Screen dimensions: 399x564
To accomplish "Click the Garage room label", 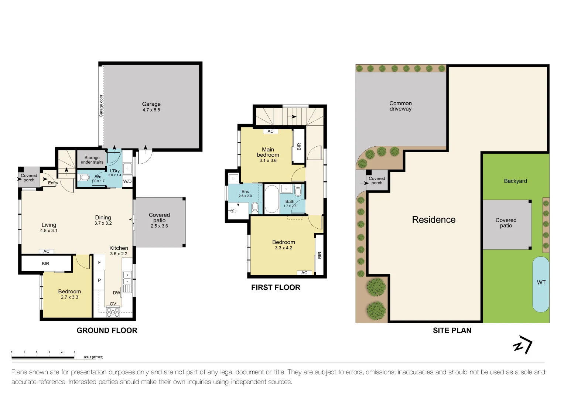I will (x=151, y=104).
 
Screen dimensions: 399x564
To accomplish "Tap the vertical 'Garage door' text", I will (x=101, y=106).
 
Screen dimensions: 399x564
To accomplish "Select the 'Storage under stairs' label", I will (x=92, y=160).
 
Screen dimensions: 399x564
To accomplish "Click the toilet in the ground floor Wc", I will (x=85, y=178).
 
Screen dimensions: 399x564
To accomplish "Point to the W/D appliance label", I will (x=127, y=181).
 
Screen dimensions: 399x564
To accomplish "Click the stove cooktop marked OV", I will (x=113, y=312).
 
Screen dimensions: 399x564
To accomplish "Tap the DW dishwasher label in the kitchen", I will (x=116, y=293).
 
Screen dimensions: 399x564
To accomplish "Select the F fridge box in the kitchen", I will (x=99, y=262).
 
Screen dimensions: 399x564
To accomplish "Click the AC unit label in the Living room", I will (x=47, y=252).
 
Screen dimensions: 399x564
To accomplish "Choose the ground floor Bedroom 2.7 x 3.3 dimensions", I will (x=69, y=297).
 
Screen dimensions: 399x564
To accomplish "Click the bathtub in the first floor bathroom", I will (x=271, y=199).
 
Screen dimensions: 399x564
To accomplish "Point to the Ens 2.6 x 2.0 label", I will (x=245, y=194).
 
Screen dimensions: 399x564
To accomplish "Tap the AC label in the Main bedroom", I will (x=270, y=132).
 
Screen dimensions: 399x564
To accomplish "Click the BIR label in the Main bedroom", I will (x=299, y=146).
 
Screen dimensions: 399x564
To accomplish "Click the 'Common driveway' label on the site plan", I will (x=400, y=106).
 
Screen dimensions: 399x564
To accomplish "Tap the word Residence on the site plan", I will (x=434, y=220).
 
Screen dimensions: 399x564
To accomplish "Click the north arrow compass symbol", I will (x=523, y=345).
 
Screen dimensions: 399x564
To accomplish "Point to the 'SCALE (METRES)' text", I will (x=93, y=357).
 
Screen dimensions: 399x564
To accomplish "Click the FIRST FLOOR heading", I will (x=276, y=287).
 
